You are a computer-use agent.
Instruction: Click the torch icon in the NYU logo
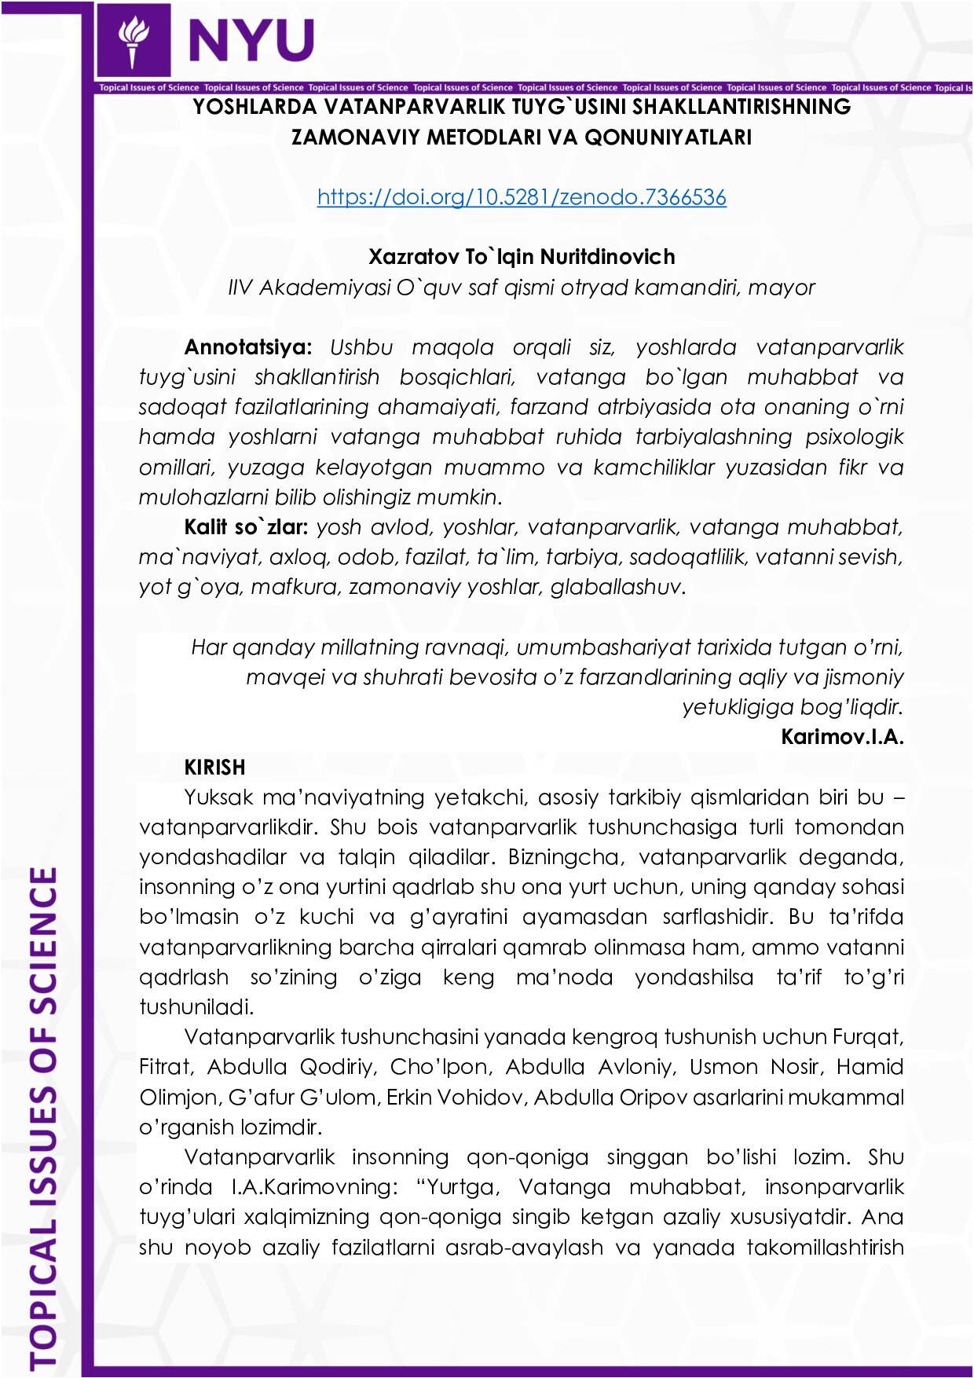[x=133, y=39]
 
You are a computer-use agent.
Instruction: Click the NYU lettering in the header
[x=251, y=40]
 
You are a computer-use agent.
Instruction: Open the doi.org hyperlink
[x=522, y=196]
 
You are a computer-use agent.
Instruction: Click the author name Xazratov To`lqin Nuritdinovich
[x=522, y=257]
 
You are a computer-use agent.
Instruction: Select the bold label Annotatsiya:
[x=248, y=347]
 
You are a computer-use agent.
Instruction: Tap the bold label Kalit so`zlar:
[x=245, y=526]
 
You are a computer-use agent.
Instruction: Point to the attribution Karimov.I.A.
[x=842, y=737]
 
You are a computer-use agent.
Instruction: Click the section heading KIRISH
[x=214, y=767]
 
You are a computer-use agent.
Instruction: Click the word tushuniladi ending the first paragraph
[x=196, y=1007]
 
